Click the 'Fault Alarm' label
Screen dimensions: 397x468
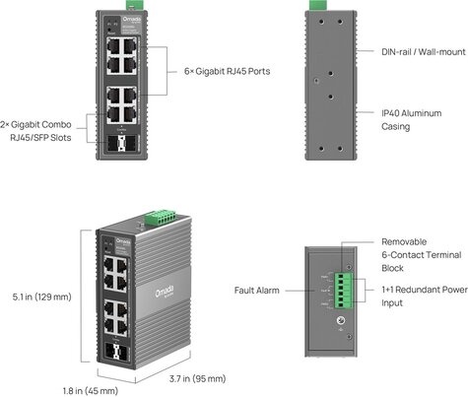[256, 291]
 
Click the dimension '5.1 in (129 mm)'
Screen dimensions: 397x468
[36, 296]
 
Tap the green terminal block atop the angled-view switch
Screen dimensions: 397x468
[155, 216]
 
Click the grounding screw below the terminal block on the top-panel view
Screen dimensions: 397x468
[341, 320]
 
